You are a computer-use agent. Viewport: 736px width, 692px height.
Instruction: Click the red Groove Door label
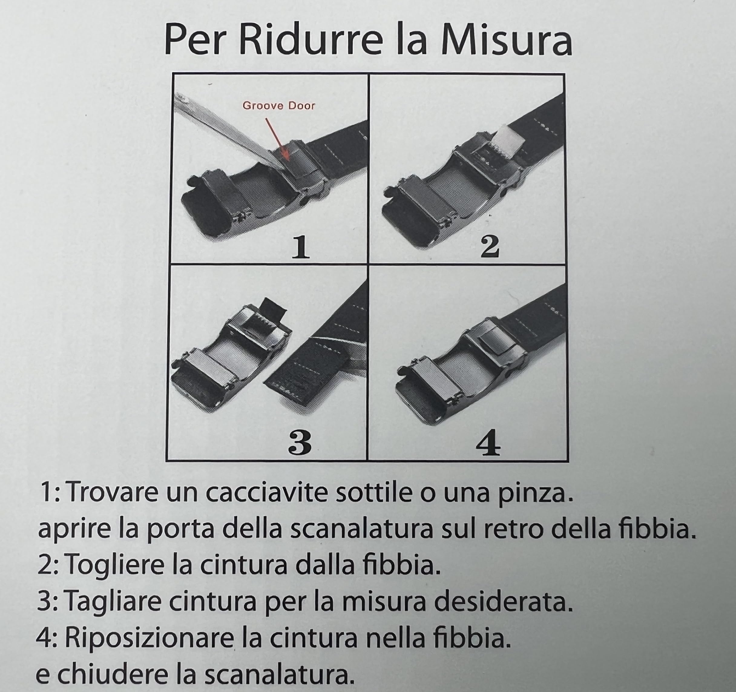[x=279, y=106]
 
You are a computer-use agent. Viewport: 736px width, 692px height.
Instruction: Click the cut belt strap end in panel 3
[x=292, y=385]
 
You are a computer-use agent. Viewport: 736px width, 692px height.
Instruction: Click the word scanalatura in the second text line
[x=361, y=530]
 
